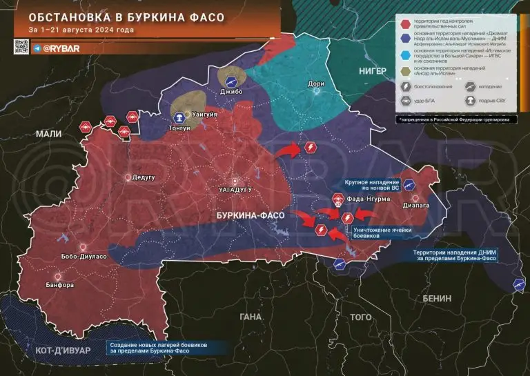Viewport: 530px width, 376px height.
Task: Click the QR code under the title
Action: [20, 48]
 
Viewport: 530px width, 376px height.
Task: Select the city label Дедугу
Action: [143, 177]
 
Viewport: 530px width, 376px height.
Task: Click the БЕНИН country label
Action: [433, 298]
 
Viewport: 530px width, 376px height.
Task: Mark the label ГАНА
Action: [251, 317]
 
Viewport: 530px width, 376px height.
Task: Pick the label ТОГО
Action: [360, 317]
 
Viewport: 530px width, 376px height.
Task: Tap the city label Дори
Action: [316, 83]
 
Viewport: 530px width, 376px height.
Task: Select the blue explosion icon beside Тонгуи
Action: [180, 117]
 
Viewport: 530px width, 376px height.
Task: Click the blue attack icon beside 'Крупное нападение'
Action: [409, 184]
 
